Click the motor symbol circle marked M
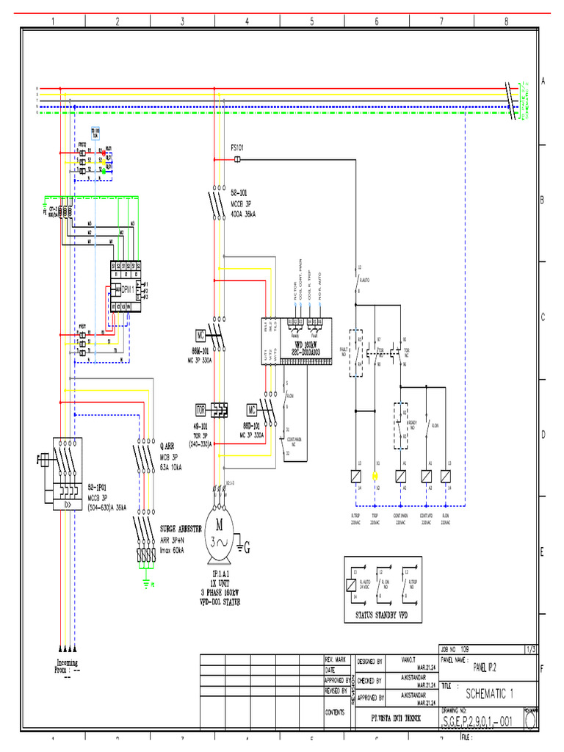point(219,524)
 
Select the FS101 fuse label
point(238,147)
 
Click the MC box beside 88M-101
point(200,334)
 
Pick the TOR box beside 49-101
point(200,408)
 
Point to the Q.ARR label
point(167,446)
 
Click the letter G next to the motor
point(247,547)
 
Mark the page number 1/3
point(530,649)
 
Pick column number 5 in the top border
point(311,21)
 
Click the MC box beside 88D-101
point(252,408)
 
